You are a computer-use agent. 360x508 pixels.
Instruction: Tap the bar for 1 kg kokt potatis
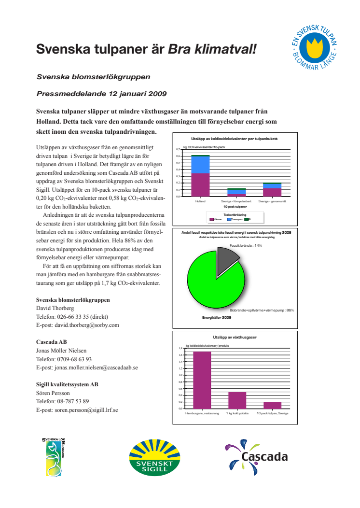click(237, 400)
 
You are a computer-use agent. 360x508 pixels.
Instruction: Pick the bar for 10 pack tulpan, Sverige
click(272, 405)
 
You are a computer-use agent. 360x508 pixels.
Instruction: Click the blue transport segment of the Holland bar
click(200, 165)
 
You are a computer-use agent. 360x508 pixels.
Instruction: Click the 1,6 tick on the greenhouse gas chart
click(180, 355)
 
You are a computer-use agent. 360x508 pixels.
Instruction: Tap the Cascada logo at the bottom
click(256, 457)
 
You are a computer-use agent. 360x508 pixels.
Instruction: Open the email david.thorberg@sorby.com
click(77, 325)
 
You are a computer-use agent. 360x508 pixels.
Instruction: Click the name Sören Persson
click(53, 393)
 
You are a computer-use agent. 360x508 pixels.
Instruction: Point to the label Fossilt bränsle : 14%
click(245, 245)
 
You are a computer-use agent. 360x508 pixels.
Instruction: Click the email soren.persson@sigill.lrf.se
click(77, 410)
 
